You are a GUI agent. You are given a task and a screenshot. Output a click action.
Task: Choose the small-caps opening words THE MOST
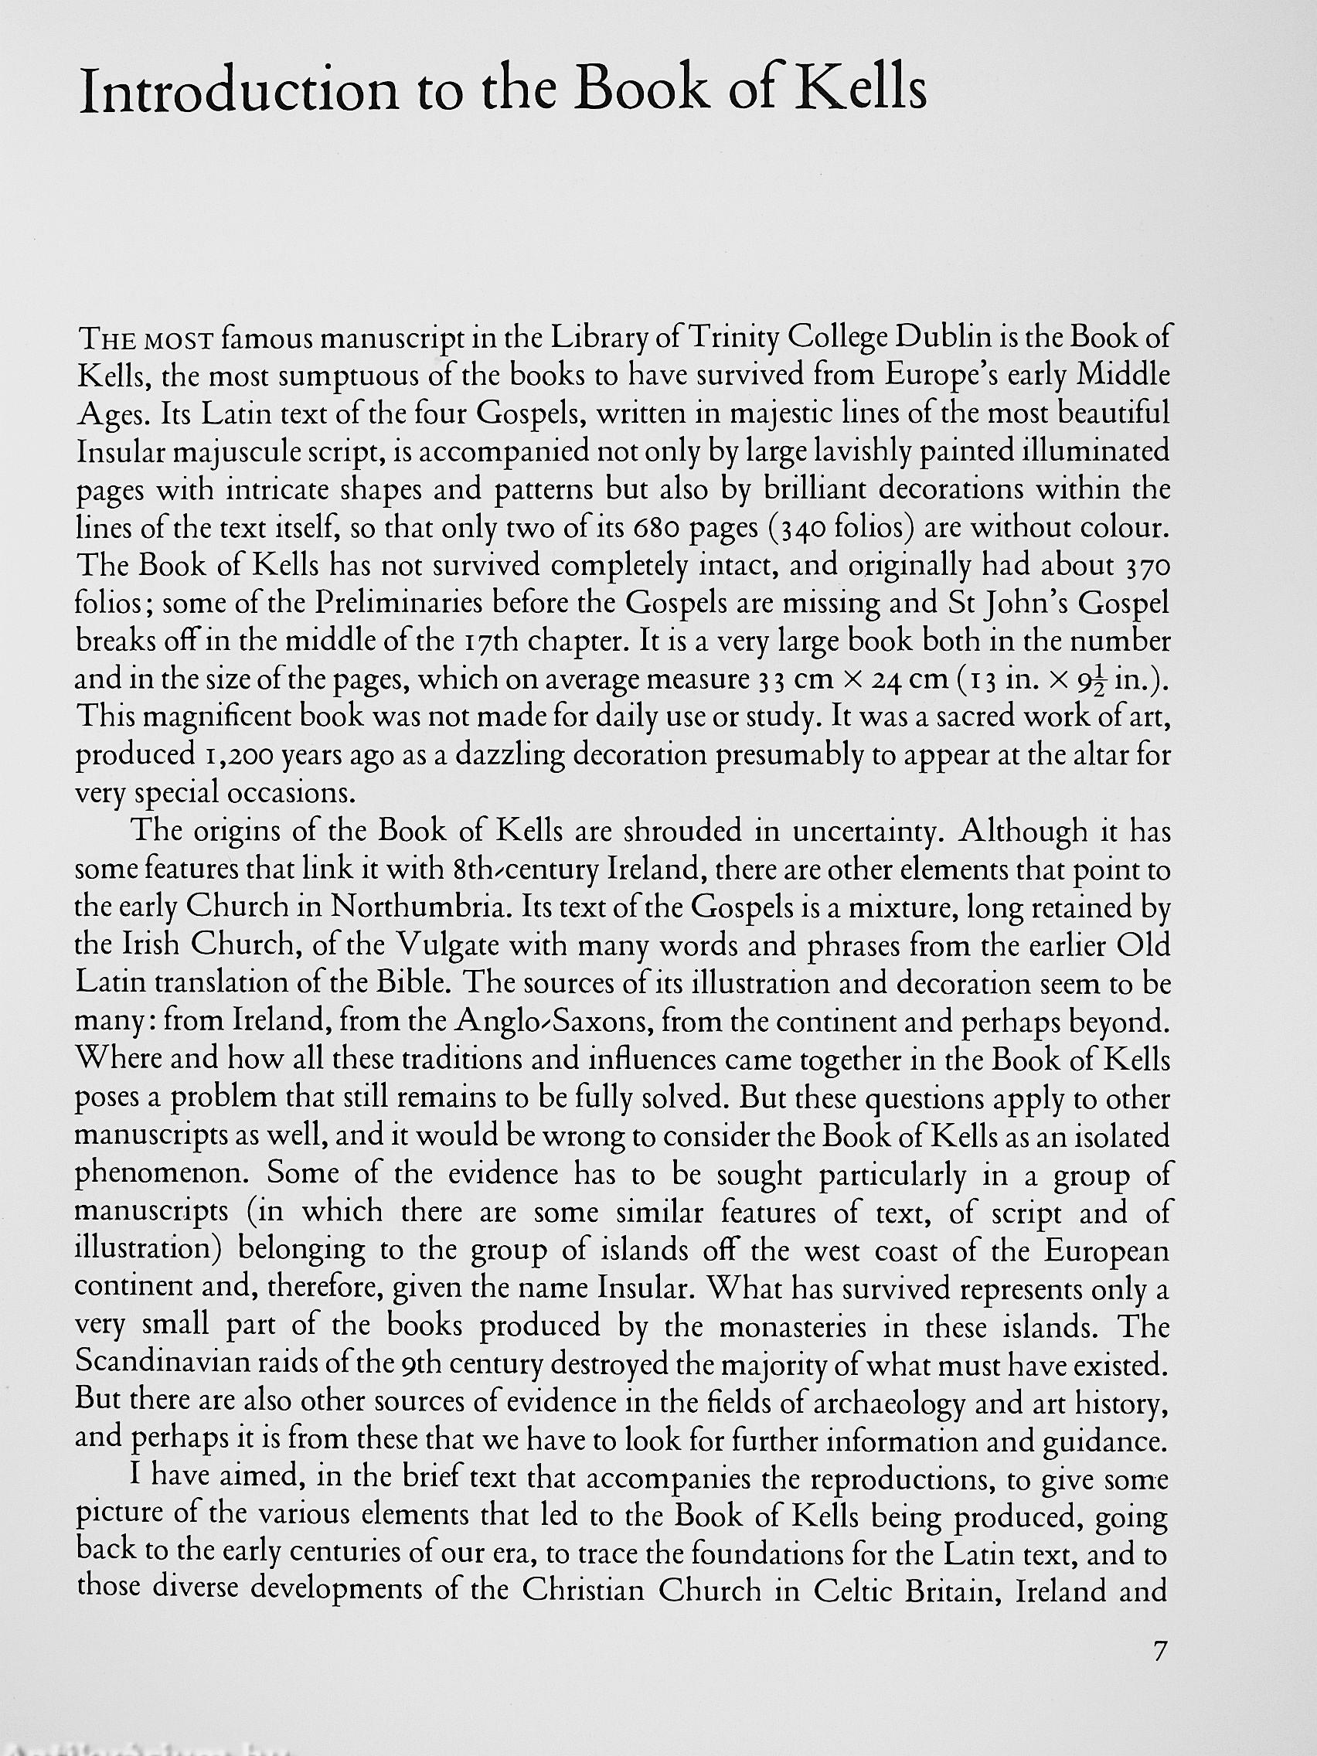(146, 341)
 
